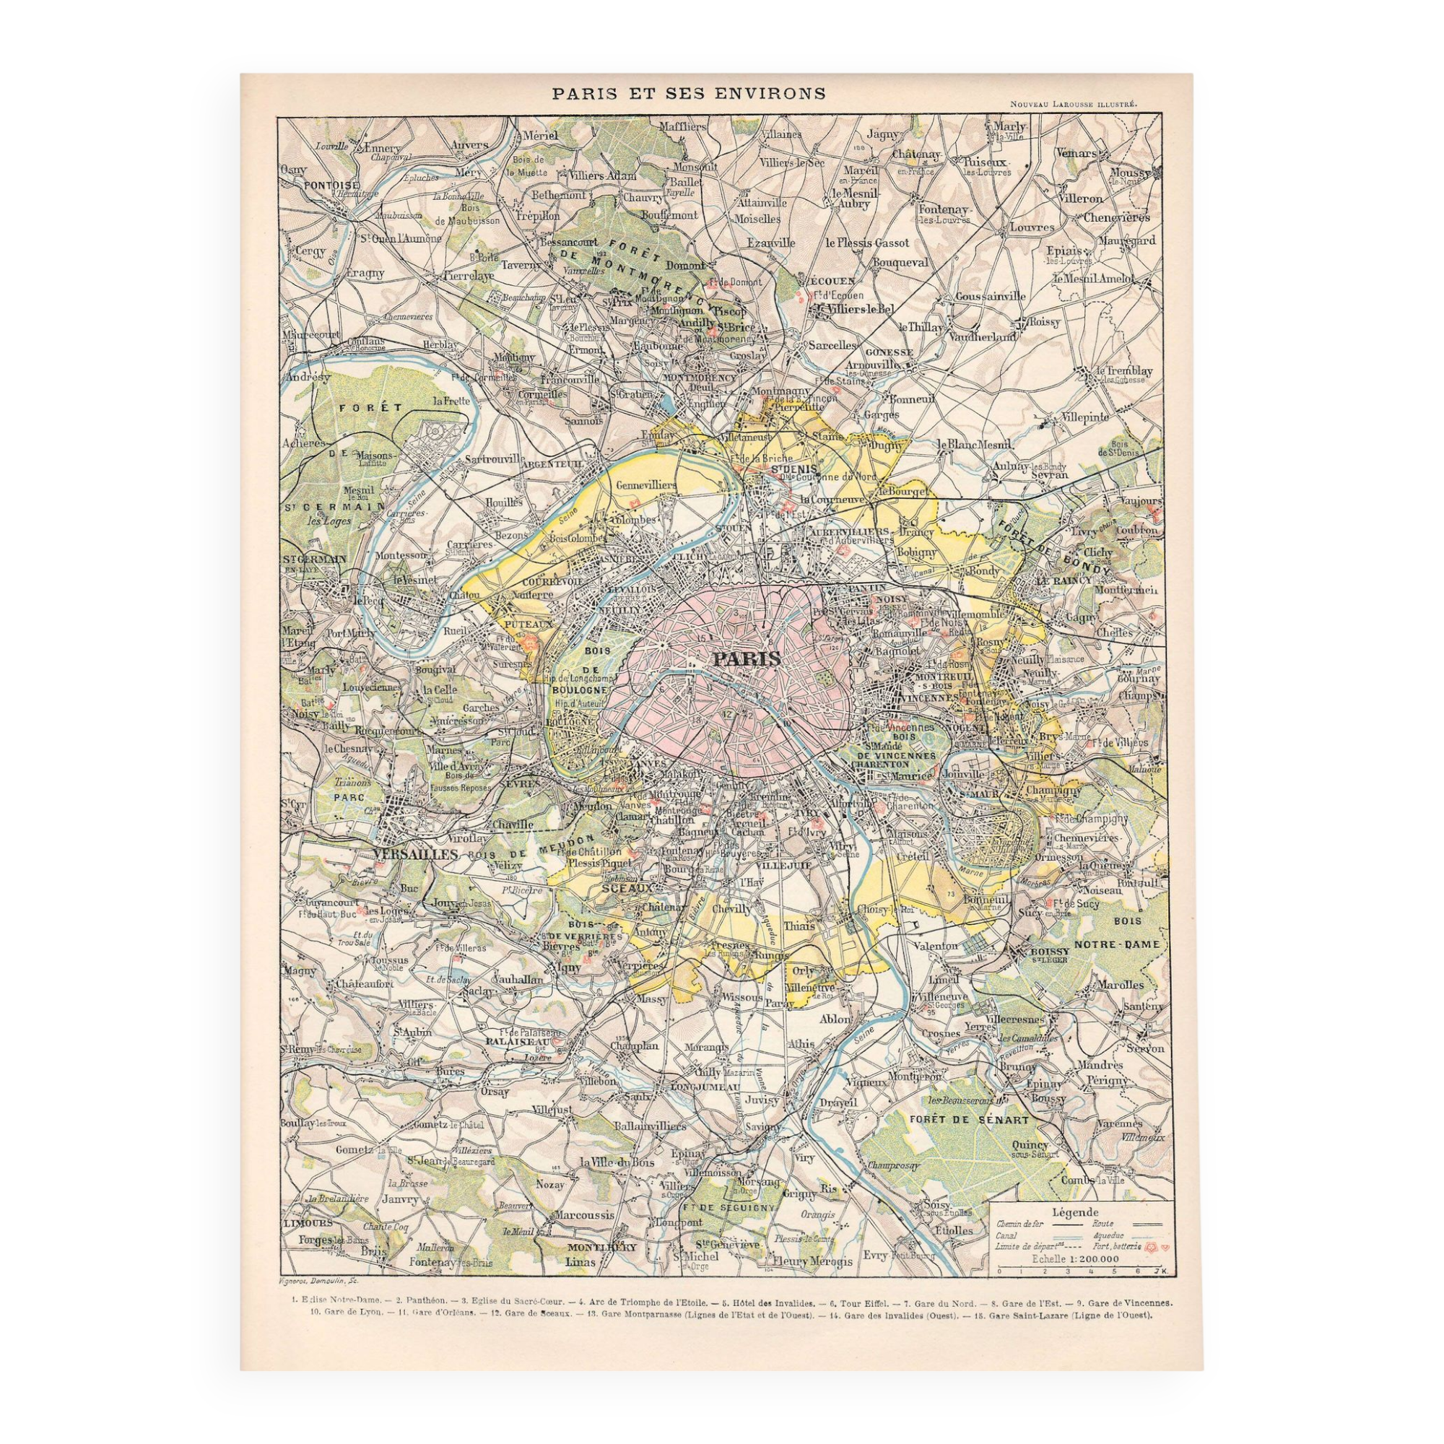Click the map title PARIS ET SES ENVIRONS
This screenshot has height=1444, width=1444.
click(x=688, y=94)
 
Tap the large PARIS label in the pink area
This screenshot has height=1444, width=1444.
click(x=746, y=659)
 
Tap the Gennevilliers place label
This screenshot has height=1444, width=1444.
click(x=645, y=485)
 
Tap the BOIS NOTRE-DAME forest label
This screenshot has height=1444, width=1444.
click(x=1118, y=933)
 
